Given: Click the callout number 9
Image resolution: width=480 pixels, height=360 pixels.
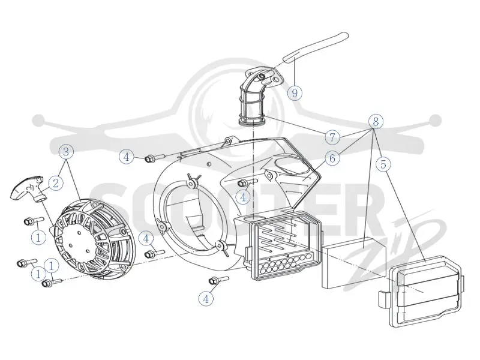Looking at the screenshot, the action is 295,92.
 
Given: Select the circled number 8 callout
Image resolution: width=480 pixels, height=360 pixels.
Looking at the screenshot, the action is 376,121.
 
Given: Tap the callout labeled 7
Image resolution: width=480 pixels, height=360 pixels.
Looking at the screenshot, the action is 333,137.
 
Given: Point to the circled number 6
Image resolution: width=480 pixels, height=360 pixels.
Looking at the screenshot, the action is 332,158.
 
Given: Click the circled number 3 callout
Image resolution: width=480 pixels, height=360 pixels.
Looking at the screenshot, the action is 66,152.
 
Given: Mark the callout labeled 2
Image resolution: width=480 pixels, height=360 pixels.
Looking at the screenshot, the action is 55,184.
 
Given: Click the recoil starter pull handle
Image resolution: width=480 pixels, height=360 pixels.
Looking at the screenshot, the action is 28,189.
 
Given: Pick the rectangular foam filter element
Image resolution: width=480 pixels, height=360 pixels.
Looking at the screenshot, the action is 353,263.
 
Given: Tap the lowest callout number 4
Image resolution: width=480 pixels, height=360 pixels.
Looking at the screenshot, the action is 206,298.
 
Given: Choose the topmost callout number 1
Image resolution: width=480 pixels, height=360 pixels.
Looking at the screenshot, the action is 38,237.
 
